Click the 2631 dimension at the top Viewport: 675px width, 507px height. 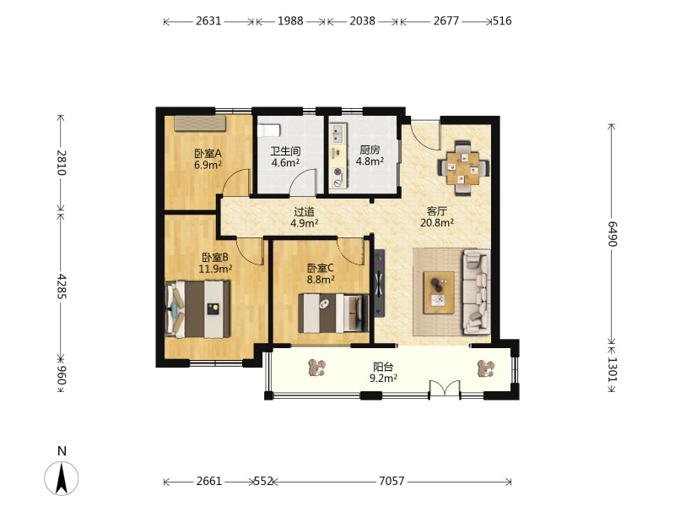(208, 20)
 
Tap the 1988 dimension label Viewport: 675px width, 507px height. (290, 20)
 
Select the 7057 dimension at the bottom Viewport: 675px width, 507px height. (391, 481)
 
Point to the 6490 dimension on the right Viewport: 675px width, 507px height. (613, 234)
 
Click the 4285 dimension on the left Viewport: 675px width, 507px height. (61, 286)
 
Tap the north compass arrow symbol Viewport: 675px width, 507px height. (62, 477)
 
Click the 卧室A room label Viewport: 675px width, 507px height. (208, 153)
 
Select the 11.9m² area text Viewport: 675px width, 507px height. (215, 269)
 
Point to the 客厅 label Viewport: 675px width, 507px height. (436, 211)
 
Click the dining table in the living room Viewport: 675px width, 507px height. (463, 167)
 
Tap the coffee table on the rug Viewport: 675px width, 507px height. (439, 292)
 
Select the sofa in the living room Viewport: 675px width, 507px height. (476, 292)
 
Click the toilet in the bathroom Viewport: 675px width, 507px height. (268, 130)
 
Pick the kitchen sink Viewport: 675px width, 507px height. (337, 134)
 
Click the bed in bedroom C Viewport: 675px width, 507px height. (333, 313)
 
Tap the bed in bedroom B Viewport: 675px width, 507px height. (197, 308)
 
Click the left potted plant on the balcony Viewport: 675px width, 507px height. (317, 368)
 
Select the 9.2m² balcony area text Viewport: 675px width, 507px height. (383, 378)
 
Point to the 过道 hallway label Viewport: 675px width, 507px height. (304, 212)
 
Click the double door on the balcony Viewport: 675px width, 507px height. (445, 389)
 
